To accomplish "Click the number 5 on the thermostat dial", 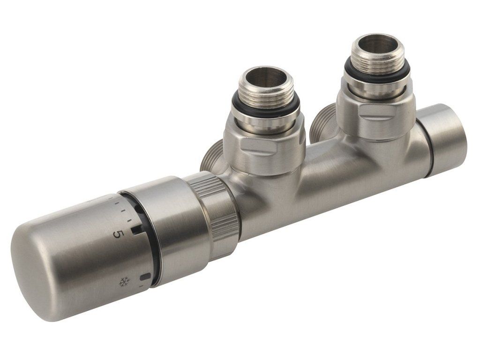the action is pyautogui.click(x=118, y=234).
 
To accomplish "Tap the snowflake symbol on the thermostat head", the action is pyautogui.click(x=123, y=281).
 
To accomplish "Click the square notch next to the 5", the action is pyautogui.click(x=135, y=230).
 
